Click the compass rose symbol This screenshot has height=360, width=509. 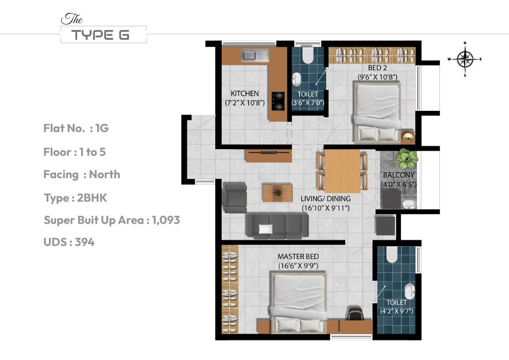point(465,59)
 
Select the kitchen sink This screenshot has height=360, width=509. point(254,55)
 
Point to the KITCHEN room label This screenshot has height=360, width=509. point(245,93)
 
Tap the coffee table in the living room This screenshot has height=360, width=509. point(277,192)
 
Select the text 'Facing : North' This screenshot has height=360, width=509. point(82,175)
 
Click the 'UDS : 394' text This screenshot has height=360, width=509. point(69,242)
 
